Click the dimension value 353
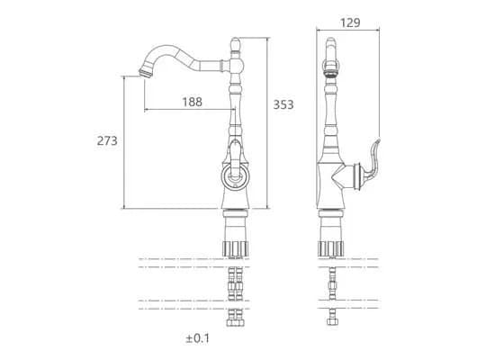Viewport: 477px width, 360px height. pyautogui.click(x=283, y=104)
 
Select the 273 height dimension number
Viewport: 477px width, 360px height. pyautogui.click(x=107, y=140)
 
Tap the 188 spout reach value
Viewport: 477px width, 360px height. pyautogui.click(x=192, y=102)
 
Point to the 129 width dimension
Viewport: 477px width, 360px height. pyautogui.click(x=350, y=22)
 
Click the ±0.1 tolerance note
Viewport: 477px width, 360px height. pyautogui.click(x=198, y=338)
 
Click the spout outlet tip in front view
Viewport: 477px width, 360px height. pyautogui.click(x=145, y=73)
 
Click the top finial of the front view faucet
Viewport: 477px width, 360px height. pyautogui.click(x=235, y=45)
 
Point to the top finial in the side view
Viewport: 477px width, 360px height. pyautogui.click(x=331, y=49)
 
